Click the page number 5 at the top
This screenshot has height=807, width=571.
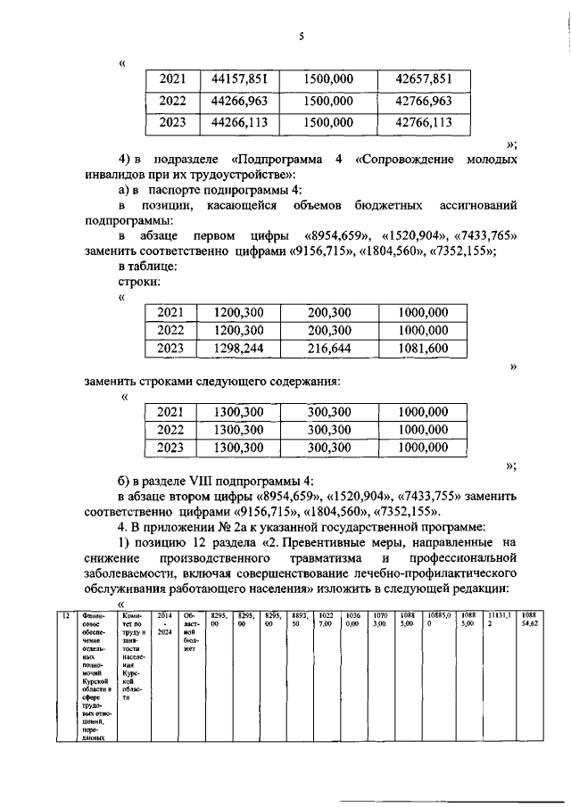[302, 37]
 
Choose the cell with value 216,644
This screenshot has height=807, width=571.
[328, 349]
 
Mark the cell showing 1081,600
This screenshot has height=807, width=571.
[424, 349]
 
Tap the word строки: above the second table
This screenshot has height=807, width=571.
[140, 281]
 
